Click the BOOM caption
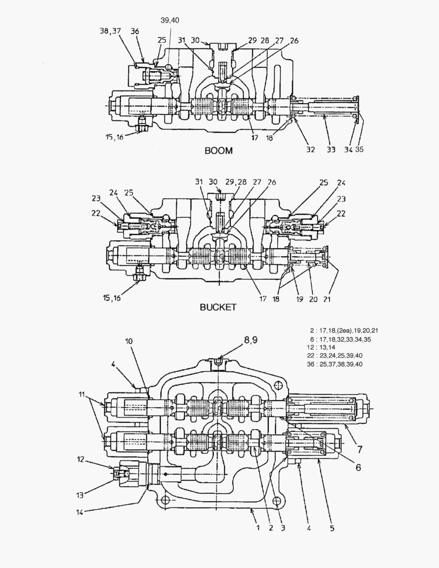218,150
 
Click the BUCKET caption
218,307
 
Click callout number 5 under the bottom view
332,526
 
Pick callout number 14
79,510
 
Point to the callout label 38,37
110,32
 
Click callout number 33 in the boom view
331,149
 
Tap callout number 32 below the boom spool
310,149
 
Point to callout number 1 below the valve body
257,526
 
